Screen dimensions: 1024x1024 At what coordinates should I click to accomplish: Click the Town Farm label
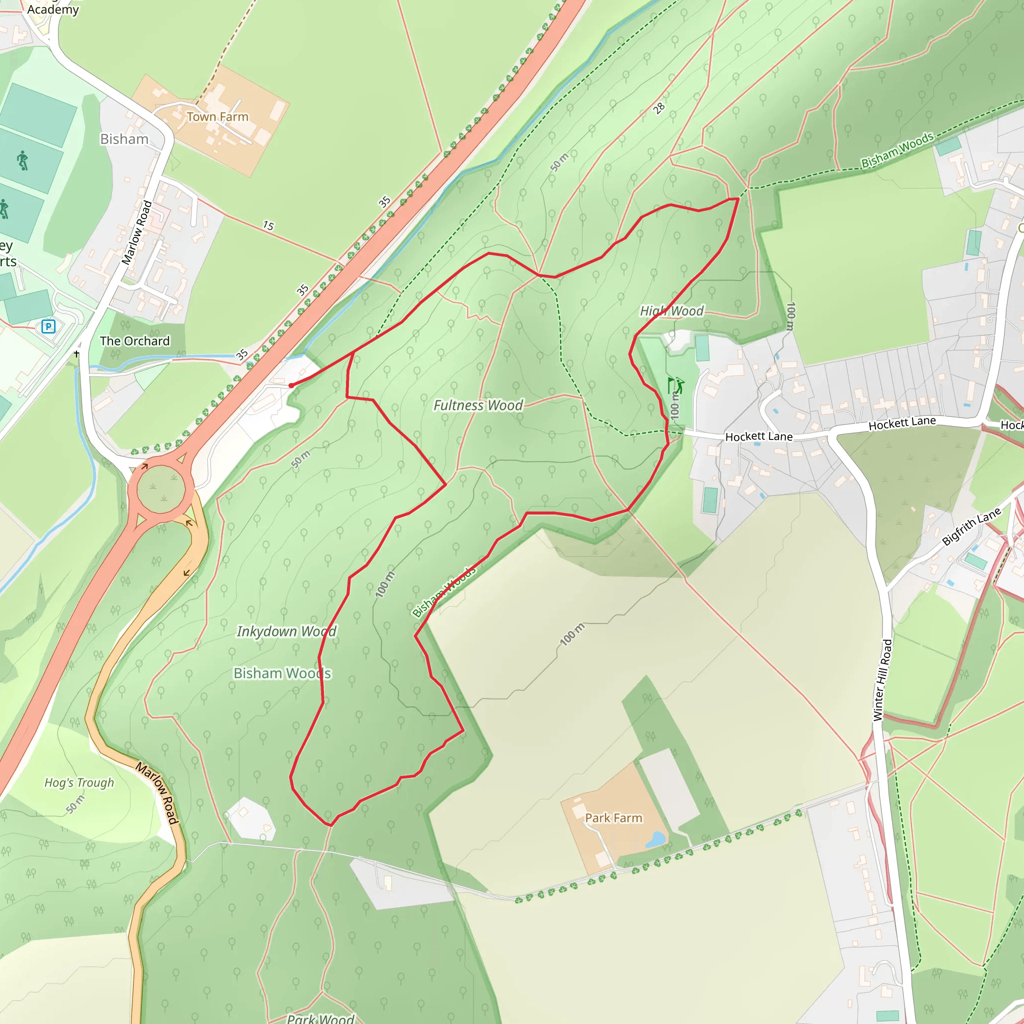[x=217, y=116]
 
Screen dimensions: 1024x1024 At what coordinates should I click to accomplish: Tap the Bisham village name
[x=124, y=139]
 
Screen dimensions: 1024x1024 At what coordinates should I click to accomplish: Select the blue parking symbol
[x=48, y=326]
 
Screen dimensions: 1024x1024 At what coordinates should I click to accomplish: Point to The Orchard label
[x=134, y=341]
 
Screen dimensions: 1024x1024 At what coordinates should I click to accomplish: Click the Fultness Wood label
[x=478, y=405]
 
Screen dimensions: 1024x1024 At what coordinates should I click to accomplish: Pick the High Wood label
[x=671, y=311]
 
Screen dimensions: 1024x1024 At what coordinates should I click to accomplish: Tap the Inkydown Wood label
[x=286, y=631]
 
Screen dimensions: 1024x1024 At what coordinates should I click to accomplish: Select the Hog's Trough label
[x=79, y=783]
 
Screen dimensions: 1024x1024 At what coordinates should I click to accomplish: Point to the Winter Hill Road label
[x=882, y=680]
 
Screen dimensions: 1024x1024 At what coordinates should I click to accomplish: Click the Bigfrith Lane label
[x=971, y=526]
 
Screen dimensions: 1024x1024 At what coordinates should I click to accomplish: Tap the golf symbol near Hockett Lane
[x=675, y=385]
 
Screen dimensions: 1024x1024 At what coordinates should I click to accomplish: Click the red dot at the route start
[x=291, y=385]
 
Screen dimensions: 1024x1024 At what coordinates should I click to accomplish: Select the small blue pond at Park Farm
[x=655, y=839]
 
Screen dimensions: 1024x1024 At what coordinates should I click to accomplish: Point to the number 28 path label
[x=658, y=108]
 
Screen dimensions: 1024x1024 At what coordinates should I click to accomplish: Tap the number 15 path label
[x=268, y=226]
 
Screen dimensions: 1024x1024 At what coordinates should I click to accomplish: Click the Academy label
[x=53, y=9]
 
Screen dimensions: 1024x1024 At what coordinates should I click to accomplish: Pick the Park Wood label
[x=320, y=1018]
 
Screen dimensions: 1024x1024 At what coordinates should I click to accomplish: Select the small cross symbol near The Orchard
[x=77, y=353]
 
